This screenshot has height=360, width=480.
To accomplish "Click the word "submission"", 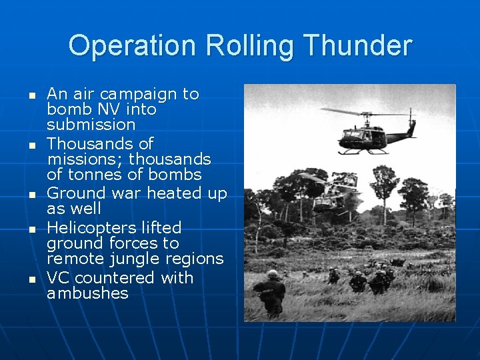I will [x=91, y=125].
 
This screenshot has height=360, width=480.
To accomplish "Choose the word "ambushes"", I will [x=87, y=293].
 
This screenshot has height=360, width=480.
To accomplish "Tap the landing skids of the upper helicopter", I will [x=363, y=152].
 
